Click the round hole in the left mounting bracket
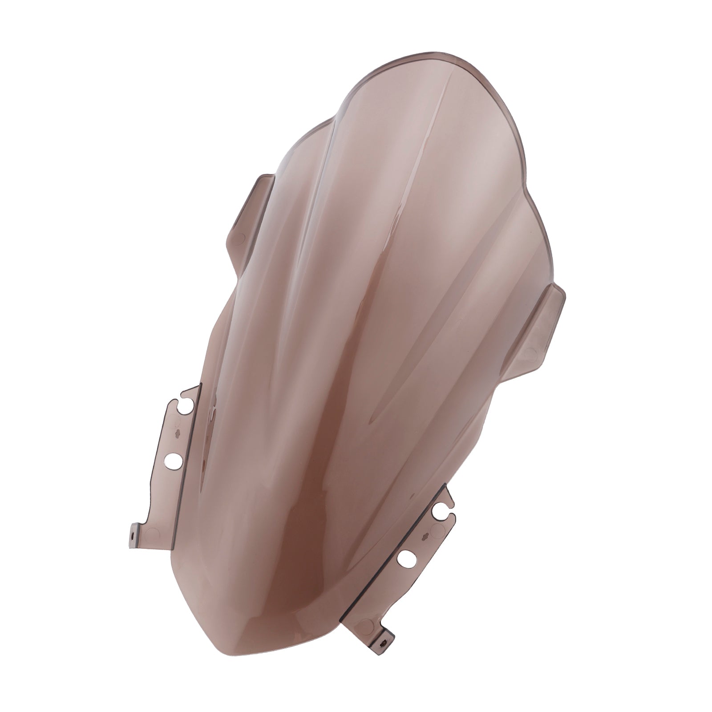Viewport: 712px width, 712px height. pyautogui.click(x=174, y=459)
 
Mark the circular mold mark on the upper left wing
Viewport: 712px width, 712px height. pyautogui.click(x=241, y=239)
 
